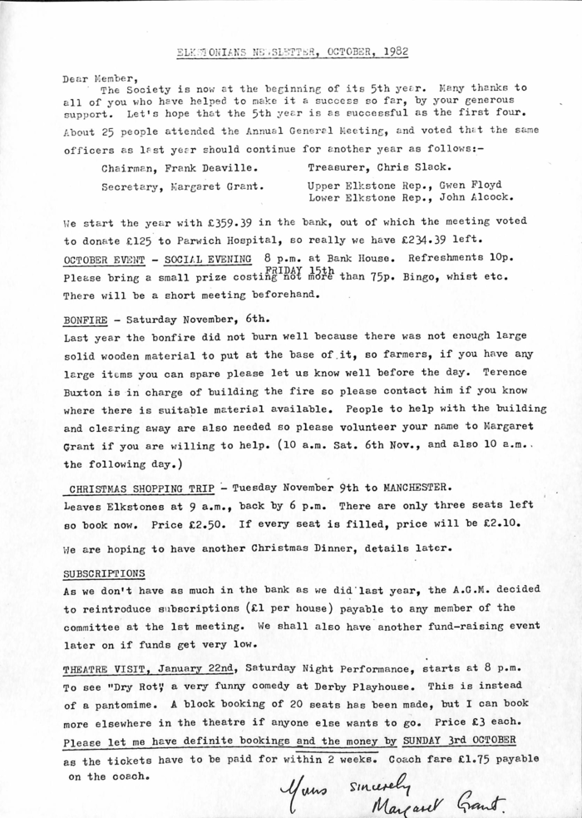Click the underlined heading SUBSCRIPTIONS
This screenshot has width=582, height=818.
105,573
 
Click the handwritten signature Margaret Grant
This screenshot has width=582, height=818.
444,801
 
